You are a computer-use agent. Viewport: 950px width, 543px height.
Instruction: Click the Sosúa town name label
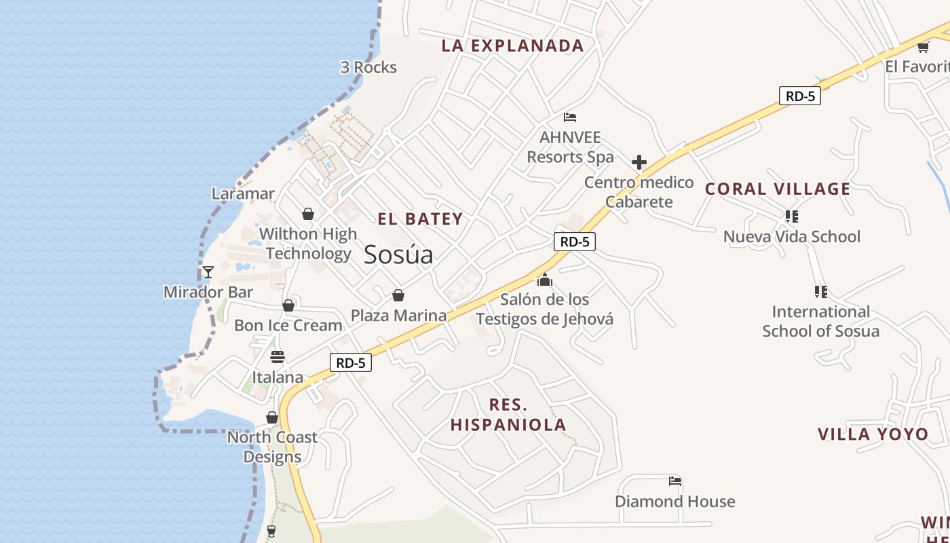[x=398, y=255]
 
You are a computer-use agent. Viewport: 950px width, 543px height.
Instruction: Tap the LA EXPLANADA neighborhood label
[x=512, y=45]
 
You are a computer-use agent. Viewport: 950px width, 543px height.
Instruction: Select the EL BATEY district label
[x=420, y=219]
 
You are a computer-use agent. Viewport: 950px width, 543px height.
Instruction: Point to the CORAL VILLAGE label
[x=778, y=189]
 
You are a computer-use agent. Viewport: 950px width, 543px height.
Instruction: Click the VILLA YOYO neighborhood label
[x=873, y=434]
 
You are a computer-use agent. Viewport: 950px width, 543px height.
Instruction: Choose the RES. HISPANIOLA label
[x=508, y=415]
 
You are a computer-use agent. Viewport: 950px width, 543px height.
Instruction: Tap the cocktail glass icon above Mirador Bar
[x=208, y=271]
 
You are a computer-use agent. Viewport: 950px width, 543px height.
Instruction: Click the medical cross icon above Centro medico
[x=639, y=162]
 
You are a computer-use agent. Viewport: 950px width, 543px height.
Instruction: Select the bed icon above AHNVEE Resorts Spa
[x=570, y=117]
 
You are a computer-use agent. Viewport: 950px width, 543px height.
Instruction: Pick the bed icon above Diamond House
[x=674, y=481]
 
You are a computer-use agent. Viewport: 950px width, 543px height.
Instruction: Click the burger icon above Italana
[x=278, y=356]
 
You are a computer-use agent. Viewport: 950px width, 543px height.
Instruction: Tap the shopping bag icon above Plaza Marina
[x=398, y=295]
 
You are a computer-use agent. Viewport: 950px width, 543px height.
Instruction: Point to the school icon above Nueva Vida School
[x=791, y=217]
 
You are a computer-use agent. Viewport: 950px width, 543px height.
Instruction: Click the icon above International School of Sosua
[x=820, y=292]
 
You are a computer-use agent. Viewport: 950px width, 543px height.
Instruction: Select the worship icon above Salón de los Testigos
[x=544, y=280]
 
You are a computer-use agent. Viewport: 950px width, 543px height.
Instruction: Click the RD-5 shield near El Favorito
[x=799, y=96]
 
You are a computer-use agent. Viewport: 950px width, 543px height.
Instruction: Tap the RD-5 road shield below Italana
[x=351, y=362]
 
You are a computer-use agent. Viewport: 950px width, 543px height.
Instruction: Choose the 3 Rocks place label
[x=368, y=67]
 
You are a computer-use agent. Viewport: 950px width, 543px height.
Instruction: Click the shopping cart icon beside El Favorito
[x=923, y=47]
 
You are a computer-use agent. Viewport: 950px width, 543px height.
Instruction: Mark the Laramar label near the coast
[x=243, y=193]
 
